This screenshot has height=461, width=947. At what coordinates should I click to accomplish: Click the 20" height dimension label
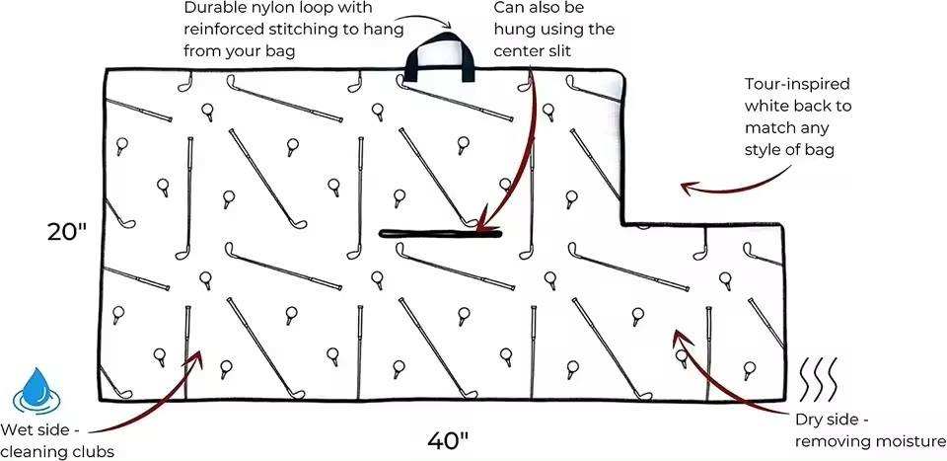tap(68, 232)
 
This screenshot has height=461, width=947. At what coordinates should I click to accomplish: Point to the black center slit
tap(441, 234)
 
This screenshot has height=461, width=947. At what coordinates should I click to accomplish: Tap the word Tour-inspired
tap(798, 84)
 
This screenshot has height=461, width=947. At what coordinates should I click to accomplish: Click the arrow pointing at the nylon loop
tap(434, 17)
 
